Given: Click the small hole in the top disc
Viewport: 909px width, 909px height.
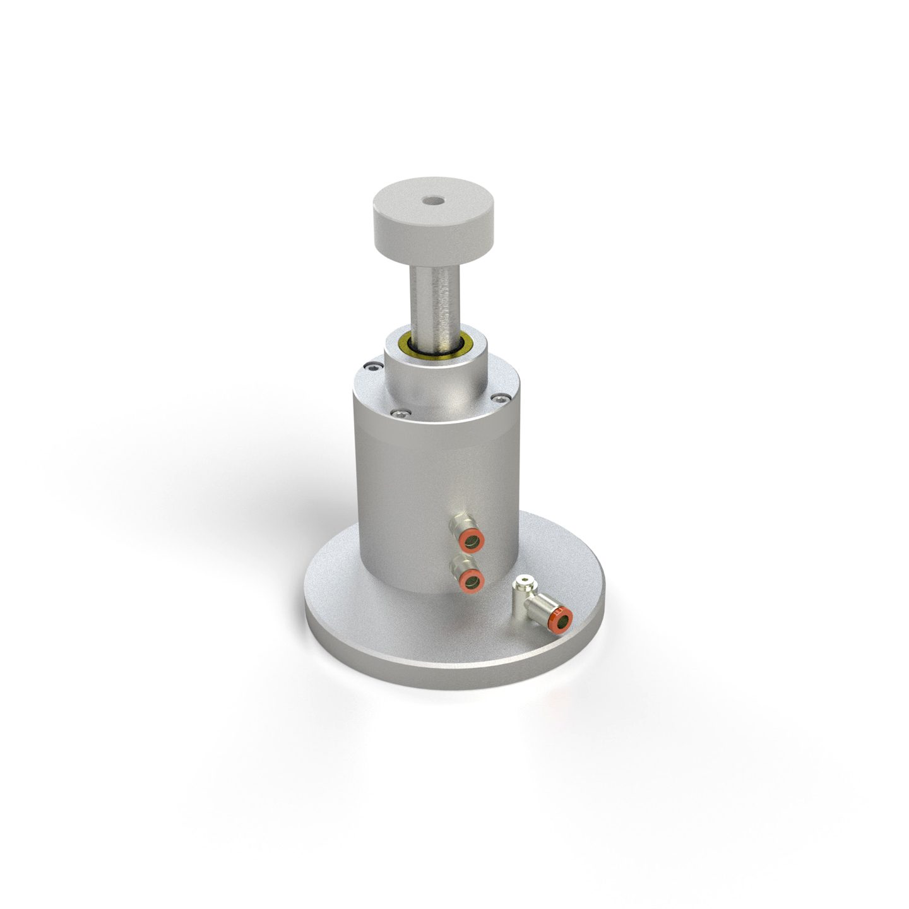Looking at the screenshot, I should coord(432,201).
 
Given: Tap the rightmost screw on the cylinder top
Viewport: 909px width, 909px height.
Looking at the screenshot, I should coord(501,398).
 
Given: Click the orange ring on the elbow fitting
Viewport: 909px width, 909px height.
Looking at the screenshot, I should coord(561,618).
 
